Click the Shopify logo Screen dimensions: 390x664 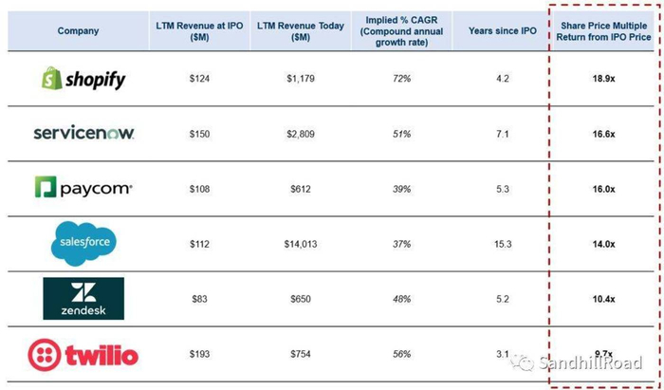pyautogui.click(x=83, y=79)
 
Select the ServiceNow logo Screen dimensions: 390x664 pyautogui.click(x=83, y=134)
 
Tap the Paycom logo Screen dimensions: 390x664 pyautogui.click(x=83, y=189)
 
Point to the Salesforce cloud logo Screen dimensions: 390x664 pyautogui.click(x=83, y=244)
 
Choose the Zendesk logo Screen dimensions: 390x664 pyautogui.click(x=83, y=299)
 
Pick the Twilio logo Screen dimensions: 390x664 pyautogui.click(x=83, y=356)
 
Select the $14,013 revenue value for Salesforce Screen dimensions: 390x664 pyautogui.click(x=299, y=244)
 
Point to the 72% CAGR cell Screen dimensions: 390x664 pyautogui.click(x=402, y=80)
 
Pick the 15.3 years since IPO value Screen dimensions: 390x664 pyautogui.click(x=503, y=244)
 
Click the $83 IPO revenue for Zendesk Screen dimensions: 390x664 pyautogui.click(x=199, y=299)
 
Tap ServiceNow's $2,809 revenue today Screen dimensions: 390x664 pyautogui.click(x=299, y=135)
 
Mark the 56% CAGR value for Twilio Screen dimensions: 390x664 pyautogui.click(x=402, y=355)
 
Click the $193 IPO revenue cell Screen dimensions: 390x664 pyautogui.click(x=199, y=355)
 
